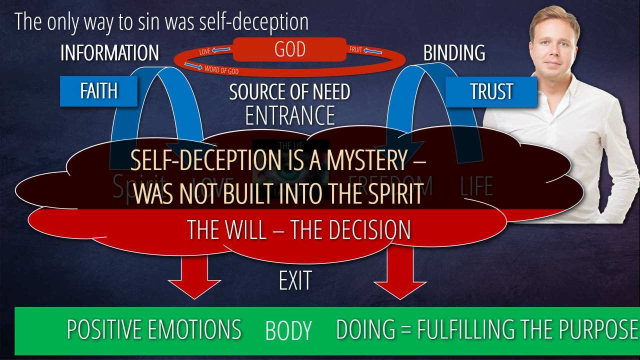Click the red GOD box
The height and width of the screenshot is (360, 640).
[x=289, y=49]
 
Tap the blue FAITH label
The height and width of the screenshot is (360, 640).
[x=98, y=91]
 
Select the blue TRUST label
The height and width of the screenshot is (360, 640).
[x=491, y=91]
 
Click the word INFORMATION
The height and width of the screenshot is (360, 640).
[x=109, y=53]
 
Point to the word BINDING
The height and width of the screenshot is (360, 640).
[x=454, y=53]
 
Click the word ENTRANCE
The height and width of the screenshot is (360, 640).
[x=289, y=116]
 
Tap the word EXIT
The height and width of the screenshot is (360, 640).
[x=295, y=280]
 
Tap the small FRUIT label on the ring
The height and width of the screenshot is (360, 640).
[x=355, y=50]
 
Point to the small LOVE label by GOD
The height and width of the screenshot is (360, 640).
[x=205, y=51]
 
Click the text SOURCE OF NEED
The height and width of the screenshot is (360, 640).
[x=289, y=92]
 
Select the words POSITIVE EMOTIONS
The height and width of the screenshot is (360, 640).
[x=154, y=330]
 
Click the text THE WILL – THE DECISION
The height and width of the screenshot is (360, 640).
[x=299, y=230]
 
